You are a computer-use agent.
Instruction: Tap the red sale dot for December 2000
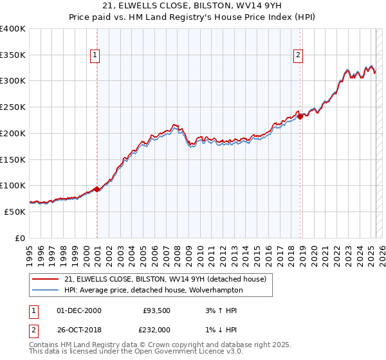pyautogui.click(x=96, y=189)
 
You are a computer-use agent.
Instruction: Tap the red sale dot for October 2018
pyautogui.click(x=300, y=116)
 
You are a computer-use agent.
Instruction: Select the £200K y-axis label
pyautogui.click(x=14, y=133)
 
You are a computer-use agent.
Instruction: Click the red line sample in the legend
pyautogui.click(x=46, y=279)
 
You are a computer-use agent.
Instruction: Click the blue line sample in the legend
pyautogui.click(x=46, y=290)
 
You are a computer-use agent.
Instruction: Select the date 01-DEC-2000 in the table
pyautogui.click(x=79, y=310)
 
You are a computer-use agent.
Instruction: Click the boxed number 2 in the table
pyautogui.click(x=33, y=330)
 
